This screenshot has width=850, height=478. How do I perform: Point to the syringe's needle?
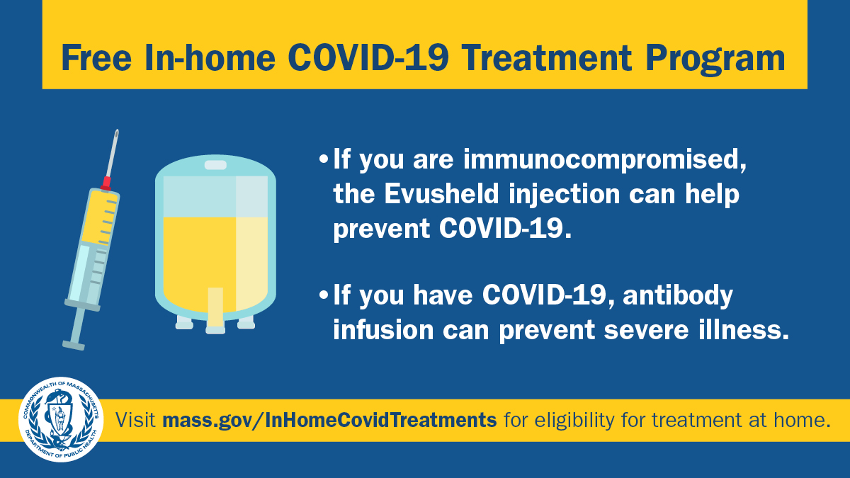(x=112, y=152)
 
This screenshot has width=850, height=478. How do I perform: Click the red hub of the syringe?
(x=106, y=183)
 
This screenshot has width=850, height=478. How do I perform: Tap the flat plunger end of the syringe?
(x=74, y=345)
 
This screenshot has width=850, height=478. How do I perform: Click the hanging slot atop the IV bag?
(x=215, y=165)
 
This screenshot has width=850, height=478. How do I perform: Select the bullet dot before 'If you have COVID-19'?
(x=324, y=295)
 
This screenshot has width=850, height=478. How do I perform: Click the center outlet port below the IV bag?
(x=215, y=328)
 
